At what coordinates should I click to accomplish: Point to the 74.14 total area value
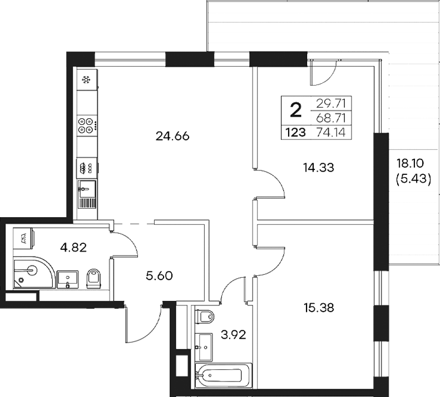333,133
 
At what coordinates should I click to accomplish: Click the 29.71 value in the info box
333,103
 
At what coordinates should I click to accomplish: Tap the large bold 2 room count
296,110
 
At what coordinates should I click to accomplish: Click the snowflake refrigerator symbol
86,80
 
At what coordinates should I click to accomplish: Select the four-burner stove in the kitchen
86,126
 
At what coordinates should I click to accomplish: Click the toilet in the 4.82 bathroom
93,277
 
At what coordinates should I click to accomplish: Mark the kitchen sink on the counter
86,189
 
